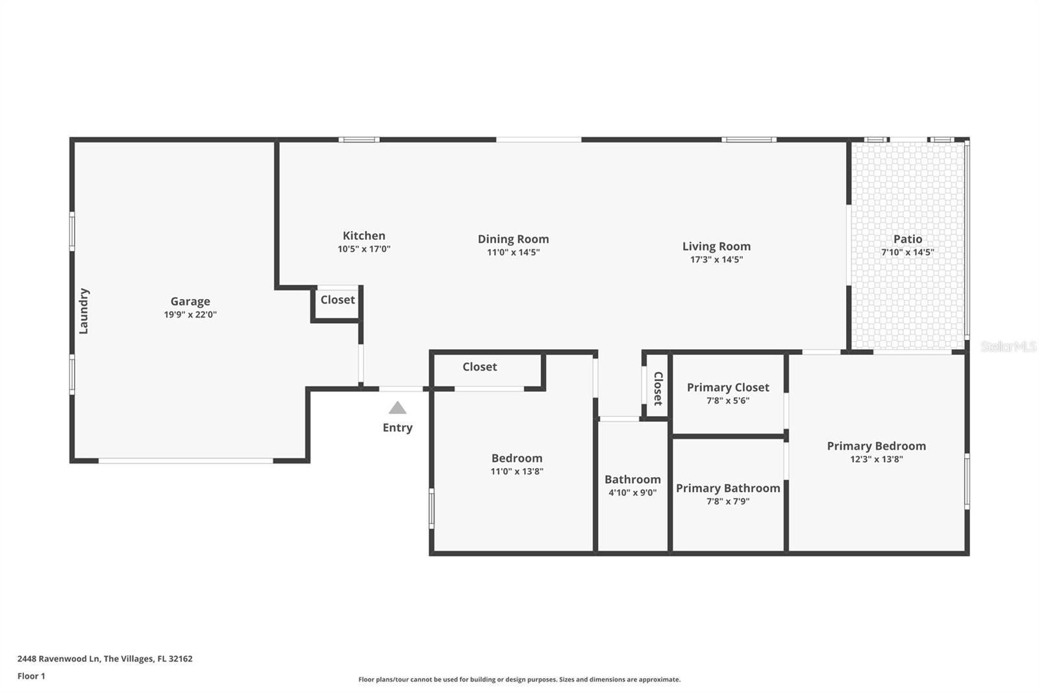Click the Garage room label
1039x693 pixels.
click(x=190, y=301)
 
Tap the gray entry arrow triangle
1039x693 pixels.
click(x=397, y=408)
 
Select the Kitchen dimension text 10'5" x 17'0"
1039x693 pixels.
click(x=364, y=249)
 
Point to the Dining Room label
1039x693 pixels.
click(x=513, y=239)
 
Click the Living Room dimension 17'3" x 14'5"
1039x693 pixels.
click(x=716, y=259)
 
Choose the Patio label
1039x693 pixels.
click(x=907, y=239)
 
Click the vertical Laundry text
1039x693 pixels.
click(x=84, y=311)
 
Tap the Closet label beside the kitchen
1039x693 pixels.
click(x=338, y=300)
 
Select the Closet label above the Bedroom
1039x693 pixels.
click(x=479, y=367)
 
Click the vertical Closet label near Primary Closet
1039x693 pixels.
click(x=658, y=388)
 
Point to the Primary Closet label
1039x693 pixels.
click(x=728, y=387)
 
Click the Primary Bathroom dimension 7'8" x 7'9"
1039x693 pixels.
click(x=728, y=501)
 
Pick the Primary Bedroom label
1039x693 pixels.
click(x=876, y=446)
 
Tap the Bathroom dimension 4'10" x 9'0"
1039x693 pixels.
click(x=632, y=493)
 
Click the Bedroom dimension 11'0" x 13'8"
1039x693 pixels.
click(x=517, y=471)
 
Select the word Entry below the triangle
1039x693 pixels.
click(x=397, y=428)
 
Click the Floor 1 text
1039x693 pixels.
click(x=31, y=676)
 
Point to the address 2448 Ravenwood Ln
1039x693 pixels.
click(x=59, y=659)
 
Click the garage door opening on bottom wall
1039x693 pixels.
click(x=186, y=461)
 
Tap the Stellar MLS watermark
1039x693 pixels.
click(x=1008, y=346)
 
